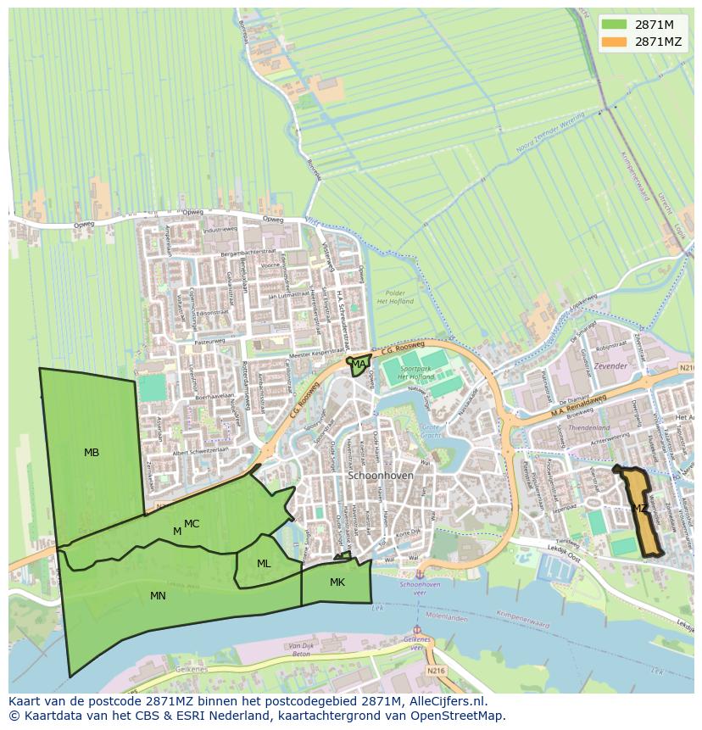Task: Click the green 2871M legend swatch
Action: (x=616, y=24)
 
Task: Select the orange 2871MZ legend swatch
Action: (x=616, y=42)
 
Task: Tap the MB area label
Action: (x=92, y=453)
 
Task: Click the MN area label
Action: (x=158, y=596)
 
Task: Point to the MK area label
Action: (x=337, y=582)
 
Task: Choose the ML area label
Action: (x=264, y=564)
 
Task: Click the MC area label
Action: (x=192, y=524)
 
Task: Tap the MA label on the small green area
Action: (x=359, y=365)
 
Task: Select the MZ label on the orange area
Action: (x=640, y=509)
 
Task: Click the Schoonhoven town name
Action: (x=381, y=476)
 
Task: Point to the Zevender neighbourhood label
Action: (x=610, y=366)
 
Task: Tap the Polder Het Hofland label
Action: (x=394, y=297)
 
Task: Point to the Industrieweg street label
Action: (x=220, y=230)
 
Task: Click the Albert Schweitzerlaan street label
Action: (x=200, y=453)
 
